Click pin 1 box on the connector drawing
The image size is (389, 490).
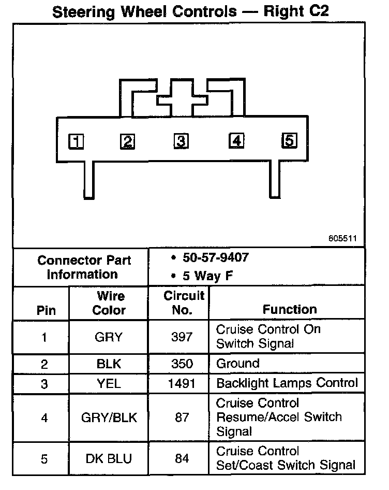pos(76,141)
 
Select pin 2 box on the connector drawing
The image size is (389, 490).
pos(127,141)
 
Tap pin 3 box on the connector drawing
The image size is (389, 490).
pos(180,141)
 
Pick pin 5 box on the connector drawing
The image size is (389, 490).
pos(289,140)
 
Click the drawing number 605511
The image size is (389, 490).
pos(342,239)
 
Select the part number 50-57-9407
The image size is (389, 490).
pos(216,257)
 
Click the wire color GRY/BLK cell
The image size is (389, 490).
pos(109,417)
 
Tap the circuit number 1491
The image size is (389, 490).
pos(182,384)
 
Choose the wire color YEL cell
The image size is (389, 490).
pos(109,384)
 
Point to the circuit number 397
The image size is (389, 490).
pos(182,337)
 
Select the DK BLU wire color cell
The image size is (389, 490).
pos(109,458)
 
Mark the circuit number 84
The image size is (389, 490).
pos(182,458)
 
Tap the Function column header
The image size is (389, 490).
pos(290,310)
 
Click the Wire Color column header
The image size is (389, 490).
pos(109,304)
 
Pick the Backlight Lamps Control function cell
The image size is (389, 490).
pos(287,384)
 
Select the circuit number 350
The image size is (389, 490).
pos(182,363)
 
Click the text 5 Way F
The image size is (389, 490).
pos(207,276)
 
